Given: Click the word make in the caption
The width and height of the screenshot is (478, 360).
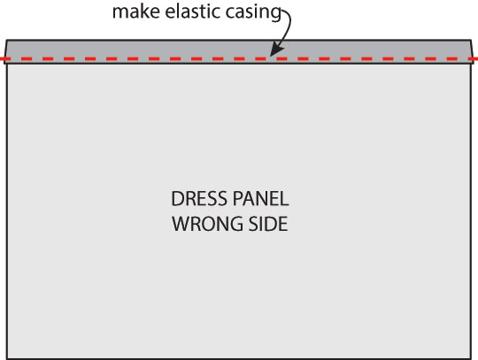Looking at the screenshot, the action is point(136,11).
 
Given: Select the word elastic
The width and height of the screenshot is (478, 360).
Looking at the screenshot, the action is point(193,11).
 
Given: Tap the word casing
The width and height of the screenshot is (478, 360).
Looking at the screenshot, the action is point(253,12).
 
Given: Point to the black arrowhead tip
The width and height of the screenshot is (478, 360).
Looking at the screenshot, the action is point(270,56).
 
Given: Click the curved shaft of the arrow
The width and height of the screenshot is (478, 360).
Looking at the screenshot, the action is point(289,27).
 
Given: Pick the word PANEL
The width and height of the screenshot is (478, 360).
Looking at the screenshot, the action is point(260,199).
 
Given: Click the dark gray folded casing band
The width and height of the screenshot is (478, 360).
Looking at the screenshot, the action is point(239,51).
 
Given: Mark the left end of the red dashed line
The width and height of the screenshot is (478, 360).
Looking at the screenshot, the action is point(1,58).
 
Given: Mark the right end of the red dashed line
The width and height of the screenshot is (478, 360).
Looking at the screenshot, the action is point(477,58).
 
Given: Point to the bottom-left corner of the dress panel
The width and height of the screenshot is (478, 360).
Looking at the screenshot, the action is point(7,358).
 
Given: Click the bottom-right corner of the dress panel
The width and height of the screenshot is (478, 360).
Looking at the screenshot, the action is point(471,358).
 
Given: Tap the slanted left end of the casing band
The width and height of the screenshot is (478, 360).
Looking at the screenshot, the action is point(5,51).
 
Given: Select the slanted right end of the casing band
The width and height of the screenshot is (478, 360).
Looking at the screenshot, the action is point(473,51).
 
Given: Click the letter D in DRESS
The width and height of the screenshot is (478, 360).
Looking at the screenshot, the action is point(177,199).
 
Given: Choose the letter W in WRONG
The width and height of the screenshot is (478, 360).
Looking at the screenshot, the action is point(181,224).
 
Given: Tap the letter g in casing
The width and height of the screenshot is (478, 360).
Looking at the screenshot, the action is point(276,14).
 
